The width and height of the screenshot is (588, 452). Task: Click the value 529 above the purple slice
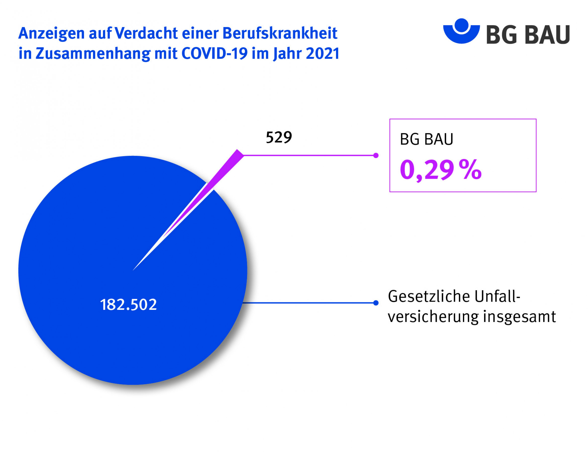[x=279, y=138]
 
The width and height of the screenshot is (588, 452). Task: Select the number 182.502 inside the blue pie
[x=128, y=305]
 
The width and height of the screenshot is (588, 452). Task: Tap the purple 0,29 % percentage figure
[x=440, y=170]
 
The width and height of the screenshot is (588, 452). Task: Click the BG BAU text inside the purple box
[x=426, y=139]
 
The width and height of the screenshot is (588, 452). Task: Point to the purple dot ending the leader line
[x=376, y=155]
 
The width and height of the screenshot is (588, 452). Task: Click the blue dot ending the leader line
[x=376, y=303]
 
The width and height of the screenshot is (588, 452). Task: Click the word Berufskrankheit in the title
[x=280, y=33]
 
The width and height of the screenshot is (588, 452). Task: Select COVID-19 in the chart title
[x=215, y=53]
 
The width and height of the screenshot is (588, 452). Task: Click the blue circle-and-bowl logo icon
[x=461, y=31]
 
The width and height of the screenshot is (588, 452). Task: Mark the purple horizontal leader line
[x=309, y=155]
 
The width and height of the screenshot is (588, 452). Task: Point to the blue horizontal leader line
[x=309, y=303]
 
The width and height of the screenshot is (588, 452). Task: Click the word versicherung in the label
[x=433, y=317]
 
